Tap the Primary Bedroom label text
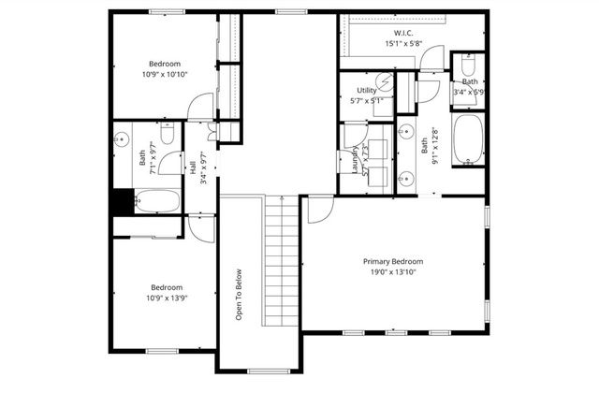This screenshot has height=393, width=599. tap(393, 262)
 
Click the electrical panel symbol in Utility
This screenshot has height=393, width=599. tap(382, 80)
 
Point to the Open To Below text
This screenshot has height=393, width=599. tap(240, 295)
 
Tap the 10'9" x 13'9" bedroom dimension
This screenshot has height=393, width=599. tap(167, 299)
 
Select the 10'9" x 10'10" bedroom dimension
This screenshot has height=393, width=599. tap(167, 74)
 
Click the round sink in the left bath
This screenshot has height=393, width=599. tap(122, 139)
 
